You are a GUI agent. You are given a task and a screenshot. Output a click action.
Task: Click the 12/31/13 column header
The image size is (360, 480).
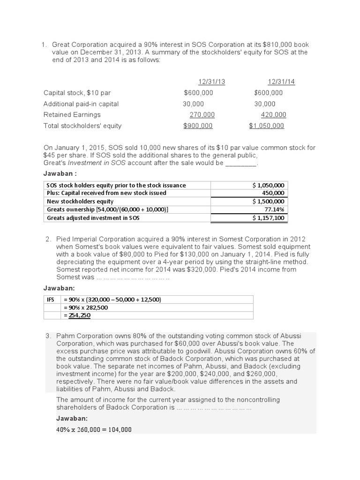click(x=202, y=82)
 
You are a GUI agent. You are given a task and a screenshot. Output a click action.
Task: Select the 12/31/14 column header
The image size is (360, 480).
click(x=281, y=82)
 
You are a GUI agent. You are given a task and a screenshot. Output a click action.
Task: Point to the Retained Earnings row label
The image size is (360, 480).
click(x=72, y=115)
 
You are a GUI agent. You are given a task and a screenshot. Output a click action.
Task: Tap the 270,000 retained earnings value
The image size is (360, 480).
click(x=202, y=115)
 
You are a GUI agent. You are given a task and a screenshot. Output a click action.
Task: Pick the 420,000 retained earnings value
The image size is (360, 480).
click(x=273, y=115)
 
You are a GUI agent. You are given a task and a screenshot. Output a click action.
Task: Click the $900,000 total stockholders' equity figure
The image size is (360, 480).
click(x=198, y=126)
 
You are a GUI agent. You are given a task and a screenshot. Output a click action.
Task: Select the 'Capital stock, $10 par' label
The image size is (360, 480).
click(x=77, y=93)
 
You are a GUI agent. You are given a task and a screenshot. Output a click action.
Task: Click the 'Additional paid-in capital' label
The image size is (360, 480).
click(x=81, y=104)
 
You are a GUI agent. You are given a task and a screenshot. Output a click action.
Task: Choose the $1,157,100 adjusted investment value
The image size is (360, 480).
click(x=269, y=217)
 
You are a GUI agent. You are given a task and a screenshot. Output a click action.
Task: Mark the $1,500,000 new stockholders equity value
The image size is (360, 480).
click(x=269, y=201)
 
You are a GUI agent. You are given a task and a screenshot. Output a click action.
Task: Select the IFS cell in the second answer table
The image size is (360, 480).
click(x=51, y=299)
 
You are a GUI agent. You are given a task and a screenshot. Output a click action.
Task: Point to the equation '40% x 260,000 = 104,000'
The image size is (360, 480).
click(x=94, y=429)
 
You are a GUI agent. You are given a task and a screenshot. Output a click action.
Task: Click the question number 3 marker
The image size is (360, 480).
click(x=48, y=336)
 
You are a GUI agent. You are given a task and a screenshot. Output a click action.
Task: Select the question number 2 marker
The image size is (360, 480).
click(x=48, y=239)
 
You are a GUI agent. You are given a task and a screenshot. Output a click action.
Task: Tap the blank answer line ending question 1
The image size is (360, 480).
click(x=241, y=163)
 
